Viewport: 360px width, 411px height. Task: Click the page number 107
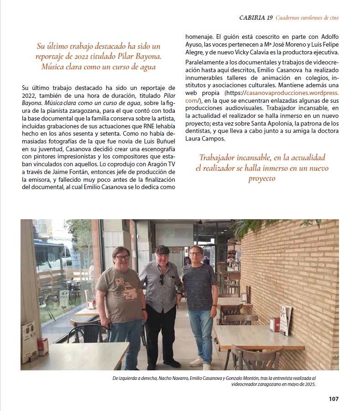[x=334, y=399]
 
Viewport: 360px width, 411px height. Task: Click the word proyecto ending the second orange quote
[x=262, y=179]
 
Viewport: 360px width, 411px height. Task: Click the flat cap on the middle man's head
[x=162, y=249]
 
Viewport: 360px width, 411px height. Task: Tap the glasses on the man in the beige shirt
[x=122, y=257]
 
